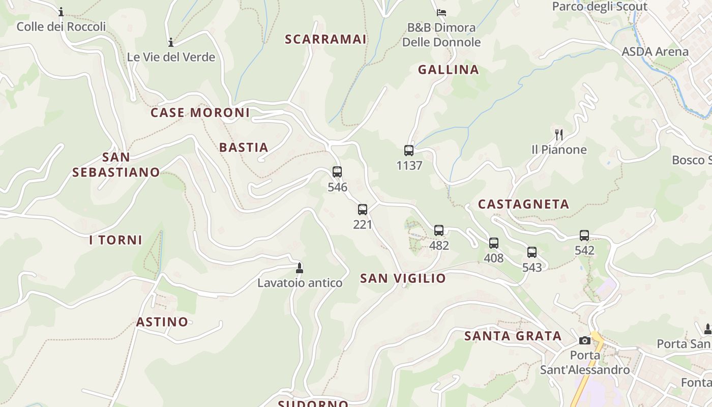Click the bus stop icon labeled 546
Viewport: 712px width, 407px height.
337,172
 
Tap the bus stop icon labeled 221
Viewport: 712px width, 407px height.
362,210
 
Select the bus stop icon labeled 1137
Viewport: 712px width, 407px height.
408,151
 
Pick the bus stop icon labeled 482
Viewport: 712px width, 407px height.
438,230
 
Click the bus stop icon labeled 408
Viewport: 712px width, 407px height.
493,243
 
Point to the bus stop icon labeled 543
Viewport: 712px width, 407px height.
531,252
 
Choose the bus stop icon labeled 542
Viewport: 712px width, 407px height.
584,236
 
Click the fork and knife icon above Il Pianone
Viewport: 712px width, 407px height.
558,135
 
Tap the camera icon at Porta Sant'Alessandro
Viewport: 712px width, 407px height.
584,340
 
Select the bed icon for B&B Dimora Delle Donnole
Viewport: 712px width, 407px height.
441,12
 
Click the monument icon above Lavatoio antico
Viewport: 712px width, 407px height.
300,268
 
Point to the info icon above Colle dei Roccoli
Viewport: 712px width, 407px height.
61,12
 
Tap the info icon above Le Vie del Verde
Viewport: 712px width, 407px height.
171,42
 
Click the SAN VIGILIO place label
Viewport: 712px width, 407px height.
403,278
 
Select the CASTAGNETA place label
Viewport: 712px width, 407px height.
523,204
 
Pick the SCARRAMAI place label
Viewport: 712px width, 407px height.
325,39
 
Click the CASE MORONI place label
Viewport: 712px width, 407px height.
200,112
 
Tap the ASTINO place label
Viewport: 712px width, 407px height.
162,322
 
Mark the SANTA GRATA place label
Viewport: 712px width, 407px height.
513,336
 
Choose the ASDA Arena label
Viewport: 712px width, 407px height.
655,51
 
